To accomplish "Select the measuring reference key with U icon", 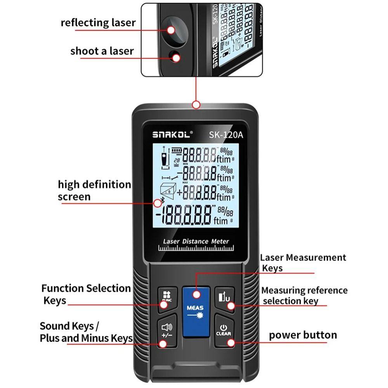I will coord(224,298).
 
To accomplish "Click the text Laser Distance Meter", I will coord(196,241).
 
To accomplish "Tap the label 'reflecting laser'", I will coord(98,23).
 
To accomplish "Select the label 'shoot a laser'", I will coord(102,51).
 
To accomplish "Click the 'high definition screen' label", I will coord(94,191).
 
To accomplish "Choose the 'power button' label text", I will coord(303,335).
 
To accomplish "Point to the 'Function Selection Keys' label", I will coord(86,294).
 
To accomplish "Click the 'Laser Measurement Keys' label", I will coord(303,263).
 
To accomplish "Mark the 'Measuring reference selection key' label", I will coord(304,296).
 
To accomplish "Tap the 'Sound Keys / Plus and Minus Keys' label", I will coord(86,332).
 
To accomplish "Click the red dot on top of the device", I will coord(196,104).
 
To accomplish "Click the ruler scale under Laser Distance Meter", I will coord(196,248).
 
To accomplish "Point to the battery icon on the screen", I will coord(177,150).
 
